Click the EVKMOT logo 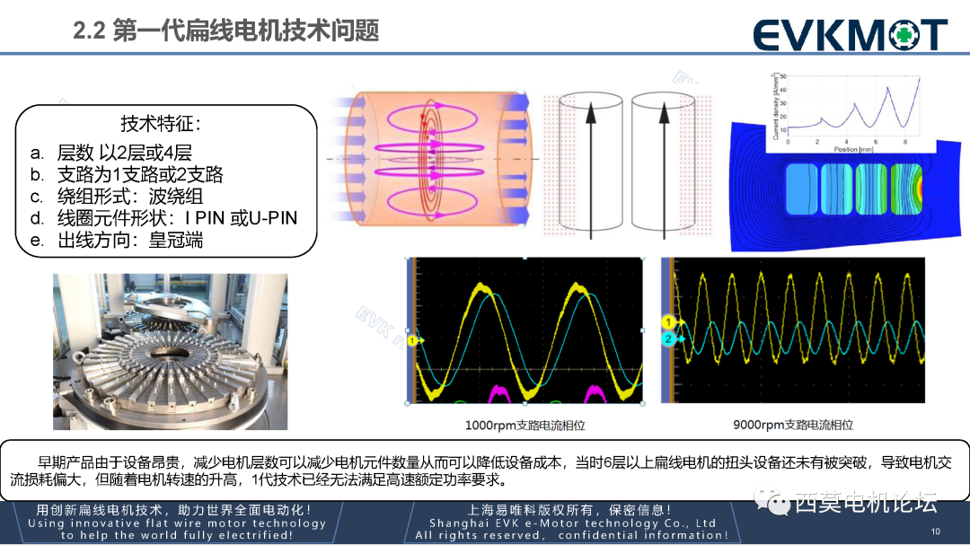[x=850, y=33]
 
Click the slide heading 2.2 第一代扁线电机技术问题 [x=225, y=31]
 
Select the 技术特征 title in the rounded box [x=161, y=124]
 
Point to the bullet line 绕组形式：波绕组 [x=129, y=197]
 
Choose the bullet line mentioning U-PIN [x=177, y=218]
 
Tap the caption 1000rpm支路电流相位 [x=525, y=425]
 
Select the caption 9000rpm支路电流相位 [x=793, y=425]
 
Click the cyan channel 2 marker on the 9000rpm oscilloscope [x=668, y=338]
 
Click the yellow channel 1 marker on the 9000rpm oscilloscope [x=668, y=321]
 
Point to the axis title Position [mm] [x=852, y=149]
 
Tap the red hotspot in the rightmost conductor [x=918, y=189]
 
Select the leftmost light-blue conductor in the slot [x=802, y=189]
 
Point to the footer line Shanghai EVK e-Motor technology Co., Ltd [x=572, y=523]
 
